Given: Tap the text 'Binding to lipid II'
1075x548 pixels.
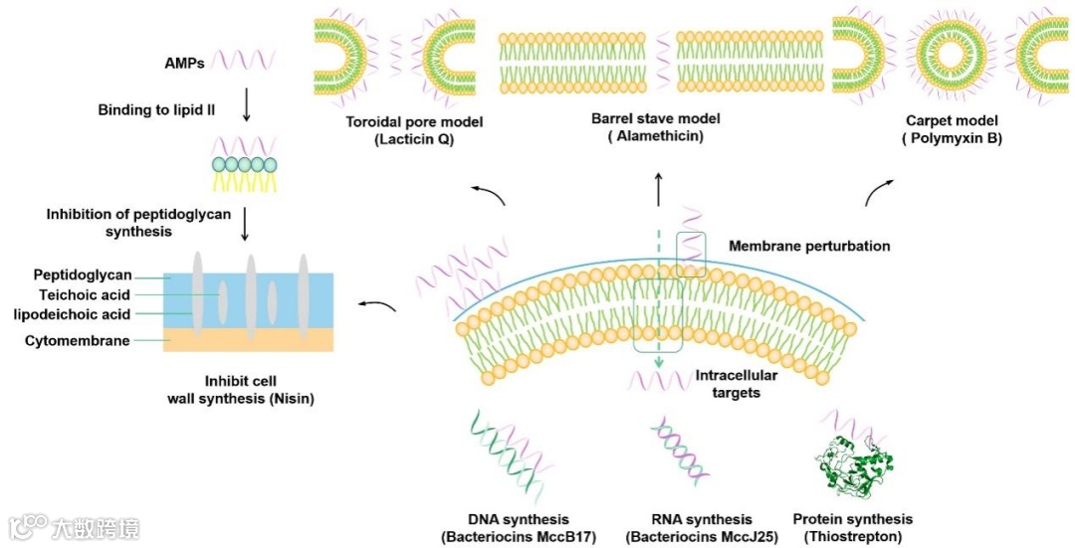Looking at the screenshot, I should [157, 110].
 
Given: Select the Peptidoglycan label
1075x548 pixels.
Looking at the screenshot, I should [83, 274].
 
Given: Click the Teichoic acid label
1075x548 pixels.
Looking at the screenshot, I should [86, 294].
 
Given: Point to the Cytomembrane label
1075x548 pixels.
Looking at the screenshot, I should [77, 341].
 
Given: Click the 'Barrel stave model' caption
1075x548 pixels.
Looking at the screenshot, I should [655, 118].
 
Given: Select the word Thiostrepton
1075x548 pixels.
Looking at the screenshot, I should [852, 537].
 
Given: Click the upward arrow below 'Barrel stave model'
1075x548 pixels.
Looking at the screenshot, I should [658, 187].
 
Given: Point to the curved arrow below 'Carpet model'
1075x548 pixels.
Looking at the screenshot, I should [877, 191].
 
